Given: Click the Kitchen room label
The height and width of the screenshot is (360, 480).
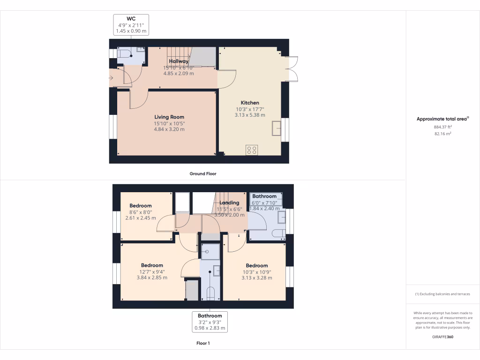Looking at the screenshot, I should point(250,103).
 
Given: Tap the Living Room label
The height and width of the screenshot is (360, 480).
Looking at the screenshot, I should point(169,117).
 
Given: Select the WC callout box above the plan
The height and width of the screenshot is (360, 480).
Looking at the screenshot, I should point(131,25).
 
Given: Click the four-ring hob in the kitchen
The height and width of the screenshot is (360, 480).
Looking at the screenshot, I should point(252,150).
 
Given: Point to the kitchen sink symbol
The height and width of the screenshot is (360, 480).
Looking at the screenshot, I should point(277,128).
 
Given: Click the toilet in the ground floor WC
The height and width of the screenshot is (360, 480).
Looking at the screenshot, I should point(124,54).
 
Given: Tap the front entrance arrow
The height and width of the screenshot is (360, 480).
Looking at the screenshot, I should point(111,78).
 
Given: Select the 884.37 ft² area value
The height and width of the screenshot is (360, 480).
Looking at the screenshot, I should point(442,127).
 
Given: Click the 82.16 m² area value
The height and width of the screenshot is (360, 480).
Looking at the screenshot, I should point(442,134).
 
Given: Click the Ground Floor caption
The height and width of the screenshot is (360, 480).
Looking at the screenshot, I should point(202,173).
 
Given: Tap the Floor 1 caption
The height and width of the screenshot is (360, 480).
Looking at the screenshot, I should point(202,343).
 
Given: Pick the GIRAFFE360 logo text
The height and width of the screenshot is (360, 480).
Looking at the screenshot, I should point(442,337).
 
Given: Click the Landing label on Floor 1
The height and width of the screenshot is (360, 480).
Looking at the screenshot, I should point(229,202).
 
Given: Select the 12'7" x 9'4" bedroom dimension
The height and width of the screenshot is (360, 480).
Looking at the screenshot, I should point(152,271).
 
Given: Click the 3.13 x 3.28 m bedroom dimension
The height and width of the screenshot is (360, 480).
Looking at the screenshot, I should point(256,277).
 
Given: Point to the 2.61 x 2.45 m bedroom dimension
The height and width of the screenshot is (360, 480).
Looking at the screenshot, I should point(141,217).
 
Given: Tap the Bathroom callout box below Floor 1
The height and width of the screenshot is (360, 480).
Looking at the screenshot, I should point(209,322).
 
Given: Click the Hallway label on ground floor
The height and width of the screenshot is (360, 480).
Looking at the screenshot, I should point(179,61).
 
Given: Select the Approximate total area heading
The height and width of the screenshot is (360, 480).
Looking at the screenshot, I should point(442,119).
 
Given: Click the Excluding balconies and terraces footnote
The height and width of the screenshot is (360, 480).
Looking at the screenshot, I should point(442,294).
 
